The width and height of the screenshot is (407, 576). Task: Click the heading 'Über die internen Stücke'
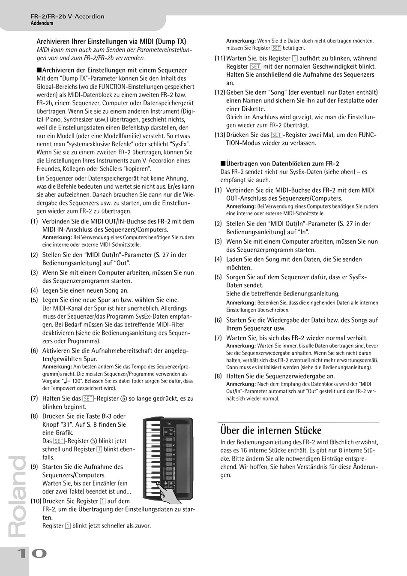(x=270, y=430)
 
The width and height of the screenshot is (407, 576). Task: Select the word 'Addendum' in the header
(x=42, y=23)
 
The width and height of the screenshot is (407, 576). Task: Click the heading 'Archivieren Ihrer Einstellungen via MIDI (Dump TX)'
(x=111, y=42)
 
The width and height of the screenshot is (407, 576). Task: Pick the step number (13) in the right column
(x=220, y=135)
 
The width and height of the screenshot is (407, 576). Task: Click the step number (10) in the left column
(x=36, y=501)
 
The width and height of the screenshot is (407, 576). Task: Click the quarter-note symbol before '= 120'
(x=65, y=380)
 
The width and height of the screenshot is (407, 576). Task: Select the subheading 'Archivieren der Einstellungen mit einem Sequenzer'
(x=114, y=70)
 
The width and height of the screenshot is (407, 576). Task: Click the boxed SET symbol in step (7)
(x=88, y=398)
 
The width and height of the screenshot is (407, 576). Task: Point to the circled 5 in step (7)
(x=123, y=398)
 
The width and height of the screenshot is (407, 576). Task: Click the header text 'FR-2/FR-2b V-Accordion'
(x=67, y=16)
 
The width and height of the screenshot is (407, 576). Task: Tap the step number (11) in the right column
(x=220, y=58)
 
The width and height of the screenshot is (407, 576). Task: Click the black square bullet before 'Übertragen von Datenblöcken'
(x=222, y=163)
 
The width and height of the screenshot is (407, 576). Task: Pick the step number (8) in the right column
(x=218, y=376)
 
